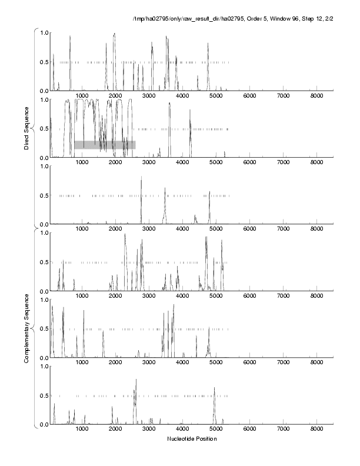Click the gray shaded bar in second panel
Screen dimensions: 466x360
tap(105, 145)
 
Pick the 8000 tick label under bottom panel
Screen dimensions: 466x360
tap(317, 430)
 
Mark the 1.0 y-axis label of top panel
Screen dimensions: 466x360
tap(44, 32)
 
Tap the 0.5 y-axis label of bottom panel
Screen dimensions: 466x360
tap(44, 395)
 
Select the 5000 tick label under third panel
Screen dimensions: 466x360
tap(216, 230)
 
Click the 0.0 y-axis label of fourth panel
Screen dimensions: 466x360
tap(44, 291)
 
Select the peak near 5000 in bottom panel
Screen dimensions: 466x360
tap(214, 388)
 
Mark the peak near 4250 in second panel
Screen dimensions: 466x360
tap(191, 128)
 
